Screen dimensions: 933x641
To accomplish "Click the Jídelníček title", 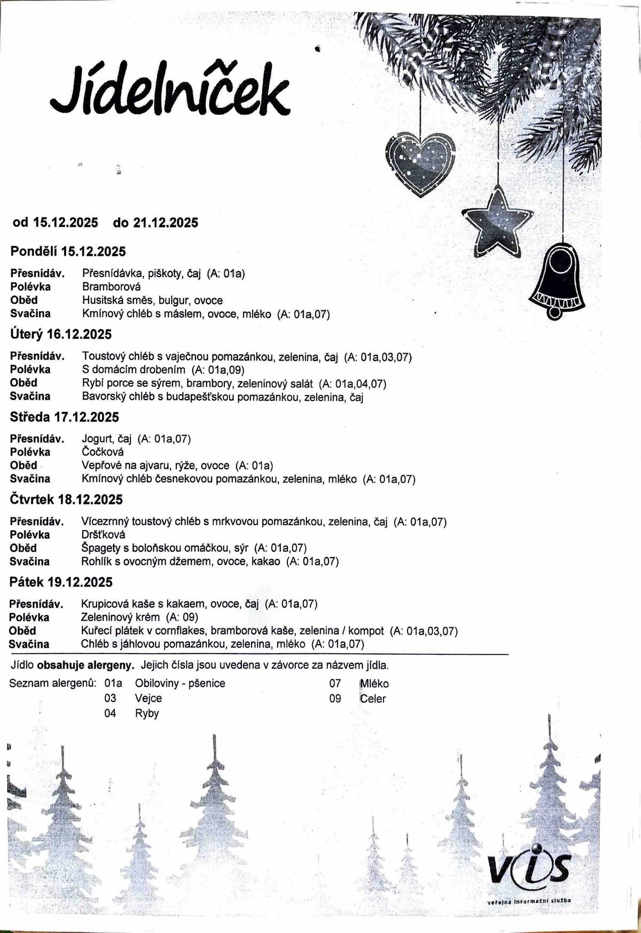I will click(170, 92).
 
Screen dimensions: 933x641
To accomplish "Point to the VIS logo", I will click(529, 869).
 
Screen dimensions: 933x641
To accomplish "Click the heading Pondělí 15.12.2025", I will click(68, 251).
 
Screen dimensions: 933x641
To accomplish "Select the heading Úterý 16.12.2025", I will click(61, 334).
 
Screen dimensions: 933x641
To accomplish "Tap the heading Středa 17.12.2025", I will click(64, 417).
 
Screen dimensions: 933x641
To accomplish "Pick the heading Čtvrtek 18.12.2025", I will click(66, 499).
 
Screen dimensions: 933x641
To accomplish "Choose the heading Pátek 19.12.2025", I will click(61, 582).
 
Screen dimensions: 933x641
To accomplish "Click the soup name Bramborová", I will click(112, 287).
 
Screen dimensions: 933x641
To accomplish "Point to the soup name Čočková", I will click(103, 452).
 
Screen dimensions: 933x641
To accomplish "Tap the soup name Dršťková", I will click(103, 535).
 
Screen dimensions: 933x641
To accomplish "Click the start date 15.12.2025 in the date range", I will click(66, 223).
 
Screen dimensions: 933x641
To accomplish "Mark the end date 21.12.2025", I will click(166, 223).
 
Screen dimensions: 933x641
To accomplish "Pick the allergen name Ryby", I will click(147, 714).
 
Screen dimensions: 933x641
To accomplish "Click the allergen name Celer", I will click(373, 699).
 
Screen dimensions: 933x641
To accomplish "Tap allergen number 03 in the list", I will click(110, 699).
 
